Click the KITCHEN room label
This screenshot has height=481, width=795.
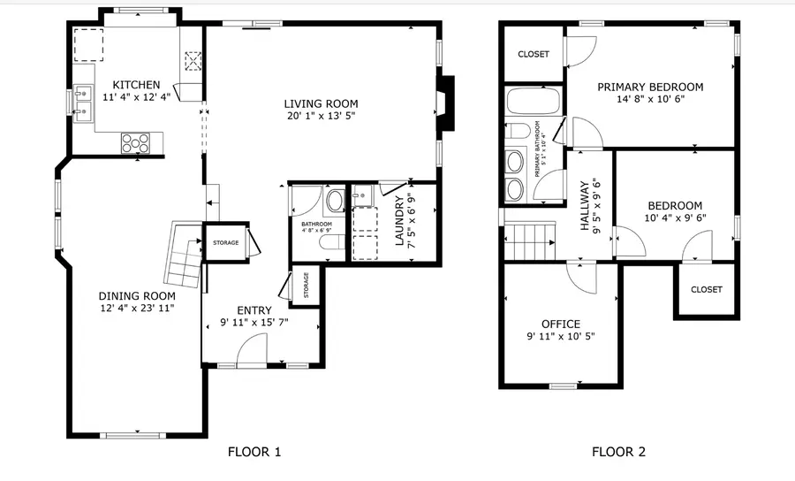click(130, 85)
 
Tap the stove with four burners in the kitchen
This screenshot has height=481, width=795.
click(136, 141)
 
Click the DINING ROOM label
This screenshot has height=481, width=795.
click(136, 295)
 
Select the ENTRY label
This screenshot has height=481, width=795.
click(254, 310)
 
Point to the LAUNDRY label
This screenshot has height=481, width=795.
click(399, 223)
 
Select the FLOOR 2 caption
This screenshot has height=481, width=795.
click(618, 452)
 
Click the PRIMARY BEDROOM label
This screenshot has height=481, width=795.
click(650, 87)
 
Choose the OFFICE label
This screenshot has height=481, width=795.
click(561, 324)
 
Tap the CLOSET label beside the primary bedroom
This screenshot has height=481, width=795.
click(533, 54)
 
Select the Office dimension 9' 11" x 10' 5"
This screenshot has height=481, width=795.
click(561, 337)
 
